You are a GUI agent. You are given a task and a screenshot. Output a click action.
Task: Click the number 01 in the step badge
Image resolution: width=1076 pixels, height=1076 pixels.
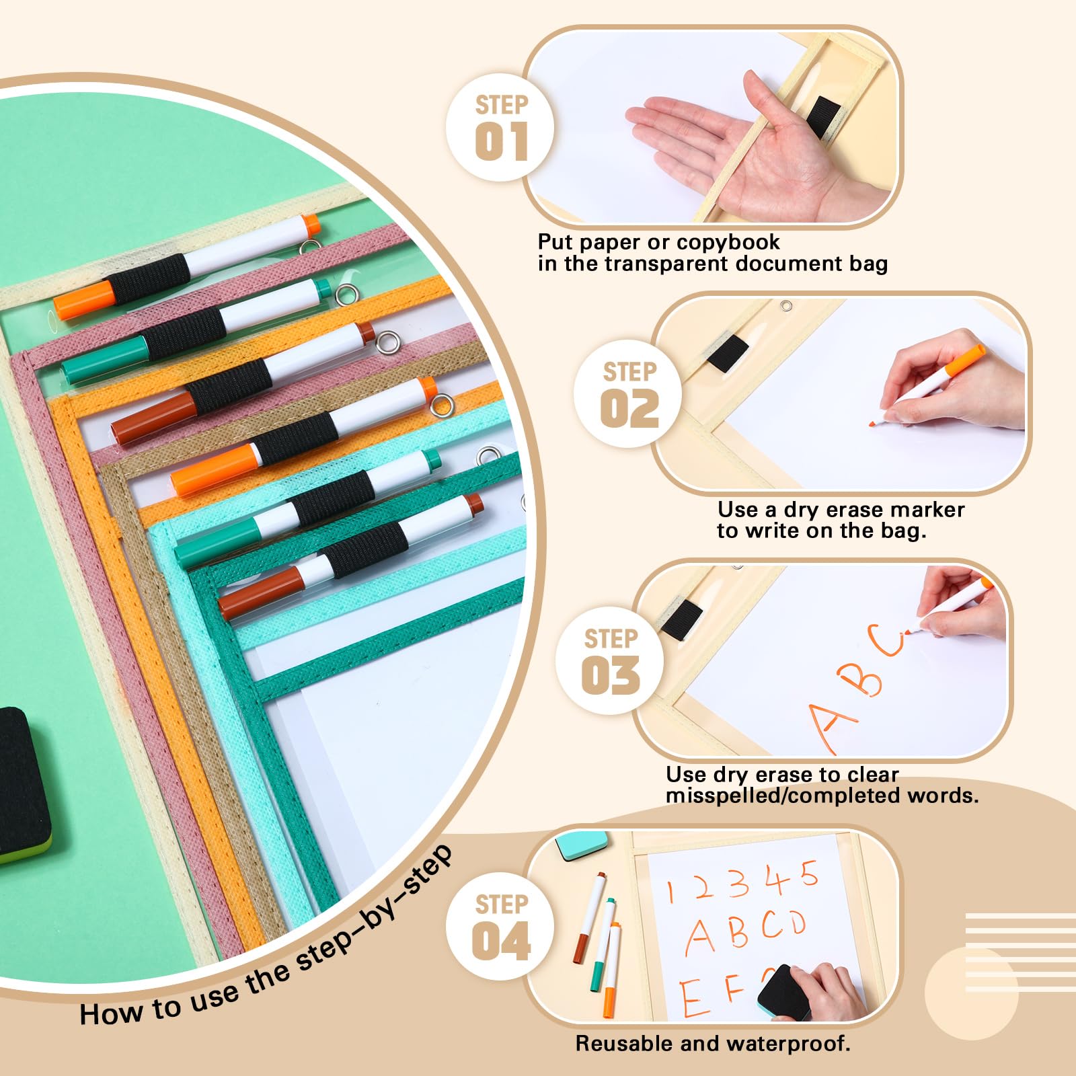(x=501, y=142)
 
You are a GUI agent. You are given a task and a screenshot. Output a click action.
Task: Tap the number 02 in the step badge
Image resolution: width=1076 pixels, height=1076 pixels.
(x=629, y=409)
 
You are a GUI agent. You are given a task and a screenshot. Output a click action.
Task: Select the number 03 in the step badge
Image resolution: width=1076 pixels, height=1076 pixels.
(x=611, y=676)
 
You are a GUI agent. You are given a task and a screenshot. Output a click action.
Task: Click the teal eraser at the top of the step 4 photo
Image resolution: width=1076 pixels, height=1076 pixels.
(x=582, y=845)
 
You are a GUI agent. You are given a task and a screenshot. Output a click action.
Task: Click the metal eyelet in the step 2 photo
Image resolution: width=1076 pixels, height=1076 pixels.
(x=785, y=307)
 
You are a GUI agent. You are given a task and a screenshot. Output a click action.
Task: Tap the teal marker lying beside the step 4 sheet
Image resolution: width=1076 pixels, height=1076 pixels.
(x=603, y=945)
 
